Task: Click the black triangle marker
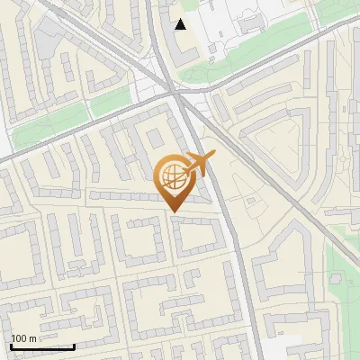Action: tap(181, 24)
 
